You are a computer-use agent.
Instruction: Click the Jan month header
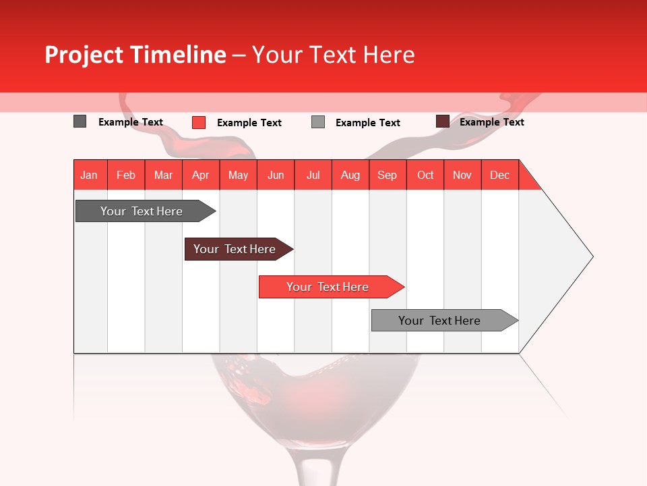89,175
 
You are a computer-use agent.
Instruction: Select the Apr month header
201,175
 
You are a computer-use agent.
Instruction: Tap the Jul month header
313,175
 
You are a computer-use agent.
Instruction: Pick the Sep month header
387,175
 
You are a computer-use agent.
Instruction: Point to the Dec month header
499,175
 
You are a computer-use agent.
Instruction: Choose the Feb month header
126,175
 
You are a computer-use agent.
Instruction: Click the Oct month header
425,175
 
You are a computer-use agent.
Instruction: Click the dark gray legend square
80,122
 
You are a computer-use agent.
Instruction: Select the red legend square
199,122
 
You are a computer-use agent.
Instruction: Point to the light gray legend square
318,122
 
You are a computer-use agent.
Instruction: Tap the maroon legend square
442,122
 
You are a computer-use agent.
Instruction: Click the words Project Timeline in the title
135,55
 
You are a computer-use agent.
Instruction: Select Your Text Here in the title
333,55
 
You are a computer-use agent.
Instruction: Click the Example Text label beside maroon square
491,122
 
